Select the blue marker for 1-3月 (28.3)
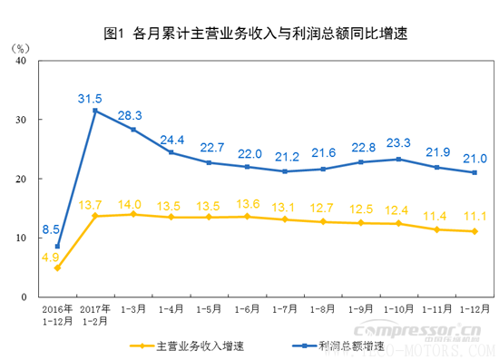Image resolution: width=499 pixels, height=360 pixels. [133, 130]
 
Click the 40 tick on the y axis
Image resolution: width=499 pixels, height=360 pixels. [22, 61]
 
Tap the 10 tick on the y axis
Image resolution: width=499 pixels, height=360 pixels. [22, 238]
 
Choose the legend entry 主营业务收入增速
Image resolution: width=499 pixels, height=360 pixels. [186, 345]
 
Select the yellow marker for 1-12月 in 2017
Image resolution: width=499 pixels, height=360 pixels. [474, 231]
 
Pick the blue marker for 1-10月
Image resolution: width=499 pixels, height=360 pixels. [398, 160]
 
